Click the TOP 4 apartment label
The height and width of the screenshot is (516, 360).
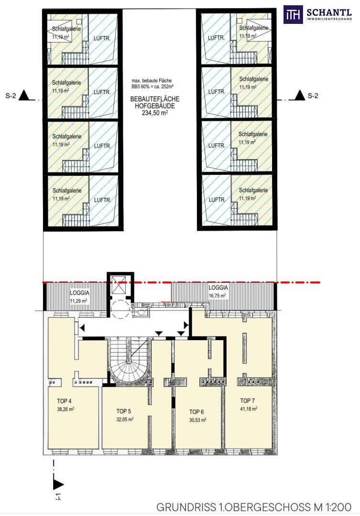(64, 401)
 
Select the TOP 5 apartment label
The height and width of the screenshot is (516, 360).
(123, 411)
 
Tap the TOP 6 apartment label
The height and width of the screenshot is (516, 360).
(196, 412)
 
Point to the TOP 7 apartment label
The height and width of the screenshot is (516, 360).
(247, 401)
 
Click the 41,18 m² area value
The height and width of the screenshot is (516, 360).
(248, 409)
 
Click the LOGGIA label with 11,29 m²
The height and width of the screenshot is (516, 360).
(79, 293)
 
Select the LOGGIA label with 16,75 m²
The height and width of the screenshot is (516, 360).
(218, 288)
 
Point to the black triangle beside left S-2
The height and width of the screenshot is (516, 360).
(25, 96)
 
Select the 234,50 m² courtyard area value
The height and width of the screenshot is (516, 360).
(154, 113)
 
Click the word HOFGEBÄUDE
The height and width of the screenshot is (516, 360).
(155, 106)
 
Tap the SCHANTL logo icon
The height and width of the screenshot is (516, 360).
(293, 14)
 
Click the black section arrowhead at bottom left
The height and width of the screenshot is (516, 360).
(58, 484)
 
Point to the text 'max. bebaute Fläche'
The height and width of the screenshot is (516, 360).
(152, 81)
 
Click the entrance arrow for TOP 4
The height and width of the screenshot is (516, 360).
(82, 328)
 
